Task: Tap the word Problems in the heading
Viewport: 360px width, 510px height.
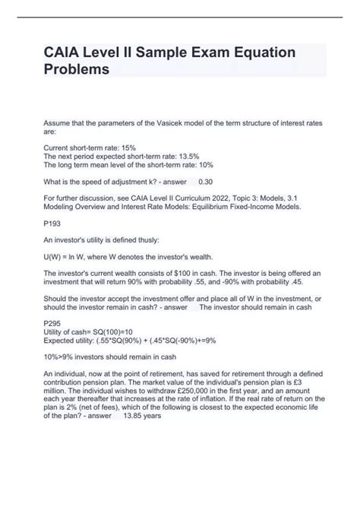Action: tap(76, 69)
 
